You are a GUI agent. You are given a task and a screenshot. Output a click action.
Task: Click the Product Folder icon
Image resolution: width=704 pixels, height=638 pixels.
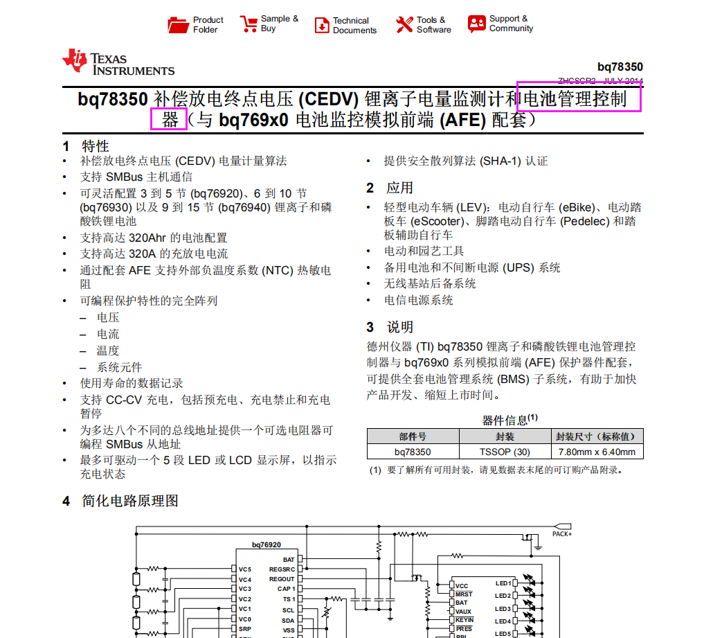pyautogui.click(x=179, y=25)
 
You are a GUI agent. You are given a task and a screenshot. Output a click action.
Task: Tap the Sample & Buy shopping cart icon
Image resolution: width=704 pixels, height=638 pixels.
pyautogui.click(x=249, y=24)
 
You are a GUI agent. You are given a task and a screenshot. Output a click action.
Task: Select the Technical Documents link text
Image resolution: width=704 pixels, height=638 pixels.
pyautogui.click(x=354, y=26)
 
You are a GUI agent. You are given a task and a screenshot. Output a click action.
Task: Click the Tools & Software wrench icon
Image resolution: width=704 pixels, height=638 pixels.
pyautogui.click(x=404, y=25)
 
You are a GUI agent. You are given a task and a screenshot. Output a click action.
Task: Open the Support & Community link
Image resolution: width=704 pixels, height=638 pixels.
pyautogui.click(x=511, y=24)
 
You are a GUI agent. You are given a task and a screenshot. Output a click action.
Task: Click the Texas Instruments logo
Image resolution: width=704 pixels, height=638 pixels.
pyautogui.click(x=118, y=62)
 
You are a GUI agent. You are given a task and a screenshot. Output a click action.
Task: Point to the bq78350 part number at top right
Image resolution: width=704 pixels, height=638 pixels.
pyautogui.click(x=620, y=67)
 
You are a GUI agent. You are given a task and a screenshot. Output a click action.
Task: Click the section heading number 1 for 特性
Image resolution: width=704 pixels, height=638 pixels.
pyautogui.click(x=66, y=146)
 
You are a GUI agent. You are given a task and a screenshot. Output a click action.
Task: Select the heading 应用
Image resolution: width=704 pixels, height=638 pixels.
pyautogui.click(x=399, y=188)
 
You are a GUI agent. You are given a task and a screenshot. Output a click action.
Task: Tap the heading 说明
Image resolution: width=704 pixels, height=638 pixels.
pyautogui.click(x=399, y=327)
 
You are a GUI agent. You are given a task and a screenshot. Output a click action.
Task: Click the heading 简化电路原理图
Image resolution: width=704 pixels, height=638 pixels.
pyautogui.click(x=130, y=501)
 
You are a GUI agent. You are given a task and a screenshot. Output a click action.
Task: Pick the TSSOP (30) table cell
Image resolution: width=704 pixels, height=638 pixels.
pyautogui.click(x=505, y=452)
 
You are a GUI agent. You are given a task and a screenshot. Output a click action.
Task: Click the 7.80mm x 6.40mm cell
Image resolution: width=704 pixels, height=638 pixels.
pyautogui.click(x=597, y=452)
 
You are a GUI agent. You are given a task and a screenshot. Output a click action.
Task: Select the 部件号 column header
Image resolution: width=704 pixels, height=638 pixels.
pyautogui.click(x=413, y=437)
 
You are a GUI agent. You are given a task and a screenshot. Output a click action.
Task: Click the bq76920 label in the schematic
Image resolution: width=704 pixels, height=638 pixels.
pyautogui.click(x=267, y=545)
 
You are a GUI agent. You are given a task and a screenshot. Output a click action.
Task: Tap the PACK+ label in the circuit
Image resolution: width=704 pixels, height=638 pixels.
pyautogui.click(x=561, y=534)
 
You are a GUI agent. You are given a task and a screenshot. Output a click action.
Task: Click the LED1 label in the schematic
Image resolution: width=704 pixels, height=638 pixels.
pyautogui.click(x=503, y=583)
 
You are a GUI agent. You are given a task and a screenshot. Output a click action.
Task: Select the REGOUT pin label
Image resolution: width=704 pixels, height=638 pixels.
pyautogui.click(x=282, y=579)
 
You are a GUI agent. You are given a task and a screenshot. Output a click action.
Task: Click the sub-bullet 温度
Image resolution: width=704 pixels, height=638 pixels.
pyautogui.click(x=108, y=351)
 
